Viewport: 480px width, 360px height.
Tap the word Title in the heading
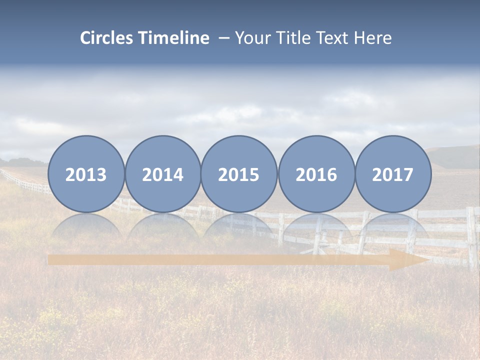[x=290, y=38]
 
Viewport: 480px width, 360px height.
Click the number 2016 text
[x=316, y=175]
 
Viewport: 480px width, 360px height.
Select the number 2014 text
[x=163, y=175]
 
